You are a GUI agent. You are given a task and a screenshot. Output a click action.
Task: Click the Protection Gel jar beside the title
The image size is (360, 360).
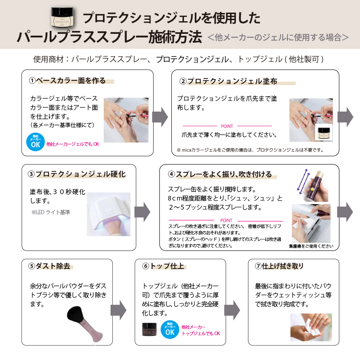pos(62,17)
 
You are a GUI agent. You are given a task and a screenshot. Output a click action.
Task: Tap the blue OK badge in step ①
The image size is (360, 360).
pos(35,142)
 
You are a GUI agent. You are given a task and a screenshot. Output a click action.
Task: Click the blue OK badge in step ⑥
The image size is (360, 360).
pos(170,329)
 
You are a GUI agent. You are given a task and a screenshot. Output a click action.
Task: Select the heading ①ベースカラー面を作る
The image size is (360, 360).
pos(67,81)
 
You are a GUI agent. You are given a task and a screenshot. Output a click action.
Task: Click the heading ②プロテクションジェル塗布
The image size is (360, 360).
pos(228,81)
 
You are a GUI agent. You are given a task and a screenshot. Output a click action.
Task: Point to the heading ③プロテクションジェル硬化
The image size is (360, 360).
pos(76,174)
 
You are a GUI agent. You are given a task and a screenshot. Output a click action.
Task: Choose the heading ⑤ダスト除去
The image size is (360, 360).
pos(49,266)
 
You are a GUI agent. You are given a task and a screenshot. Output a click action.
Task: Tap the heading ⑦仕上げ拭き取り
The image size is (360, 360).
pos(279,266)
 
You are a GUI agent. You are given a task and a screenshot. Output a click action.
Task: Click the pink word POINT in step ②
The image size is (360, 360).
pos(227,126)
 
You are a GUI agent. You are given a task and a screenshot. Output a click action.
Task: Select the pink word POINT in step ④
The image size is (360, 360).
pos(226,220)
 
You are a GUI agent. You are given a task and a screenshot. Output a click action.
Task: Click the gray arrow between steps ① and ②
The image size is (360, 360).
pos(160,117)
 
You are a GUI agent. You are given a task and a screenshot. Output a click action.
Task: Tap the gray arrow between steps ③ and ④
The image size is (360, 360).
pos(142,212)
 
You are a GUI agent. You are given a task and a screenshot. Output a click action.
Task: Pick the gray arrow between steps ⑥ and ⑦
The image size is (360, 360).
pos(232,310)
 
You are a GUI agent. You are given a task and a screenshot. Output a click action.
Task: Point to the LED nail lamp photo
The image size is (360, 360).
pos(109,214)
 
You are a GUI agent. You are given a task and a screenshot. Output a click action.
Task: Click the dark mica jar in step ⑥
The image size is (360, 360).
pos(149,329)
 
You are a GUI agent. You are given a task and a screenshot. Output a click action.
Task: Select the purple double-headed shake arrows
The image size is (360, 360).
pos(303,181)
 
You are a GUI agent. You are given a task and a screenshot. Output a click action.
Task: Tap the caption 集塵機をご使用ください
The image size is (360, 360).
pos(311,246)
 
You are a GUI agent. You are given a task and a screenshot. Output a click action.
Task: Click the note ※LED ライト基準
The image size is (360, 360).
pos(51,212)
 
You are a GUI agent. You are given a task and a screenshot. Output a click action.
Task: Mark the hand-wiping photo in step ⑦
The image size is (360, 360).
pos(311,327)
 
